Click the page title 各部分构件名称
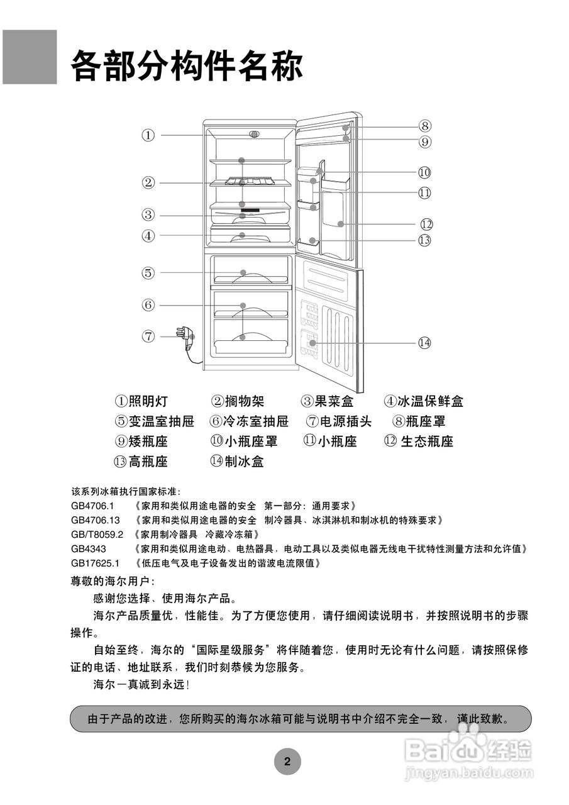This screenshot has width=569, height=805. pos(187,65)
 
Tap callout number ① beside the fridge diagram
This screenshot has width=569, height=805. pos(148,135)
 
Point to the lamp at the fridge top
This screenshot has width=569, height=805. pos(254,135)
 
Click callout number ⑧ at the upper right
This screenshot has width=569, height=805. pos(425,126)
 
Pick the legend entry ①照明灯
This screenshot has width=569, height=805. pos(141,401)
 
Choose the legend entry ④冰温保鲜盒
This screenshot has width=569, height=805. pos(424,401)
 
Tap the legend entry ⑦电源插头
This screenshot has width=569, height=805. pos(339,421)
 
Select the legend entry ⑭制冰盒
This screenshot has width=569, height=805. pos(237,462)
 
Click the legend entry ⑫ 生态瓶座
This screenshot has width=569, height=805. pos(418,441)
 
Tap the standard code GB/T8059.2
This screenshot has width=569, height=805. pos(97,535)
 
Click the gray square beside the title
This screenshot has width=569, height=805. pos(29,57)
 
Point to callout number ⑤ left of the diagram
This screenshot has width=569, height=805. pos(148,272)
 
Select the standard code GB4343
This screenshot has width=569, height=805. pos(89,549)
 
